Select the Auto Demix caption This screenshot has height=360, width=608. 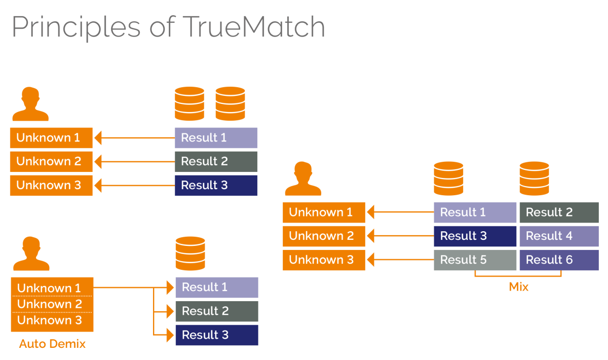[53, 344]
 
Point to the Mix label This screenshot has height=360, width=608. [518, 287]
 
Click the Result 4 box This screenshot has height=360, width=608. [559, 236]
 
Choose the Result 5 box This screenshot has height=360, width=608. [475, 260]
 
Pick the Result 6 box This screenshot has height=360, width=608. [559, 260]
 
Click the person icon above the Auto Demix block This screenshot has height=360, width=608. [31, 254]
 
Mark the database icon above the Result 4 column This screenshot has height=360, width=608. [535, 178]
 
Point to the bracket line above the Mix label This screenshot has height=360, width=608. [518, 276]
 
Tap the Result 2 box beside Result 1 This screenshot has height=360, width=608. [559, 212]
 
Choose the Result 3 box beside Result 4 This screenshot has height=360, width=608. [475, 236]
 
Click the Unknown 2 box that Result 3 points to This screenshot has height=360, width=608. [324, 236]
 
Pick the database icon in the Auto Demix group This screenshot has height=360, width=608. [190, 254]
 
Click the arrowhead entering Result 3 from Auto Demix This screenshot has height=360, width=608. [170, 335]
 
